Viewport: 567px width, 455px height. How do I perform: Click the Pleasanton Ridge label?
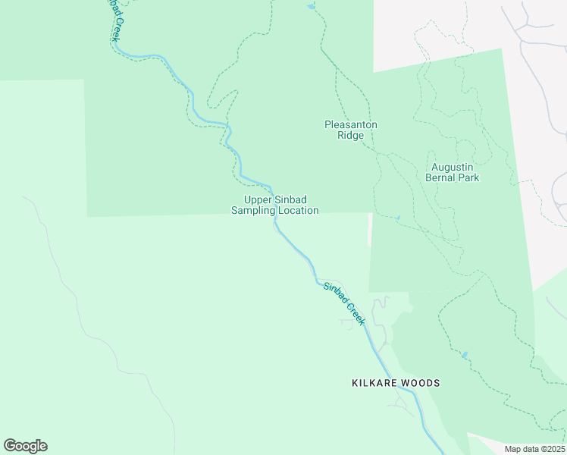(350, 130)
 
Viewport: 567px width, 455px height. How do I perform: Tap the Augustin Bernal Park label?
(455, 172)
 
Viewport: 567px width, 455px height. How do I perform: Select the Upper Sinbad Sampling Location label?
(274, 205)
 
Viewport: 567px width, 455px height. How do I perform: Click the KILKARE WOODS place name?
(396, 383)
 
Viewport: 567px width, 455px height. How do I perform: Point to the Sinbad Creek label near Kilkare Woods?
(344, 303)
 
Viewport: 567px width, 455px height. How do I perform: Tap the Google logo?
(25, 446)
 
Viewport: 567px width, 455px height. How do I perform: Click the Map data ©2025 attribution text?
(534, 449)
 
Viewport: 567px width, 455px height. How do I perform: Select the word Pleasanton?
(350, 124)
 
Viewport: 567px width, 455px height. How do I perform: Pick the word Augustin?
(455, 167)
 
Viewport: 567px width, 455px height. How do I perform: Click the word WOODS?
(421, 383)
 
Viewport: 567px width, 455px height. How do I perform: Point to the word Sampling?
(253, 210)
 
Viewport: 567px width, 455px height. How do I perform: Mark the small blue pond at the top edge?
(311, 7)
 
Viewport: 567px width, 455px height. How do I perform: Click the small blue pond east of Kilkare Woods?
(465, 355)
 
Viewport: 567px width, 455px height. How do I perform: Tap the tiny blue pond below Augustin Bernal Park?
(397, 218)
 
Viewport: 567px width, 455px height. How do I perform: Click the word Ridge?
(350, 136)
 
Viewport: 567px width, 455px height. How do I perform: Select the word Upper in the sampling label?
(258, 199)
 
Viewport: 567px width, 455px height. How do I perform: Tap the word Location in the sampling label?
(298, 210)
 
